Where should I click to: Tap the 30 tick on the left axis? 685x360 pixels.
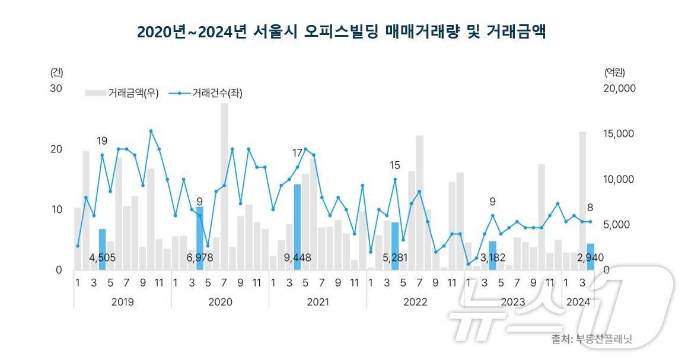tap(56, 88)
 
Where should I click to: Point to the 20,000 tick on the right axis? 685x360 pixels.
tap(619, 88)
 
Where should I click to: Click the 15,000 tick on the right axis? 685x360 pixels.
tap(619, 134)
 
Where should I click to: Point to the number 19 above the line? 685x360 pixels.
tap(102, 141)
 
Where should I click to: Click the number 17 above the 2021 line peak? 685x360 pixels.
tap(298, 153)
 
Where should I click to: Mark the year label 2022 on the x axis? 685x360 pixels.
tap(415, 302)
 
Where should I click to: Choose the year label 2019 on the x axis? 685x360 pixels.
tap(122, 302)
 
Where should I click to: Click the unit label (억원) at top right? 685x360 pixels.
tap(614, 72)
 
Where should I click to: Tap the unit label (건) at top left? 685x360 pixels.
tap(57, 72)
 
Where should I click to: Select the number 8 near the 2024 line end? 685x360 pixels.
tap(590, 208)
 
